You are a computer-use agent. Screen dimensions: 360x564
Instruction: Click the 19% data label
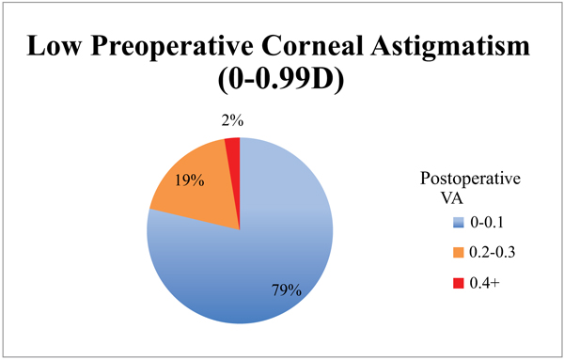189,179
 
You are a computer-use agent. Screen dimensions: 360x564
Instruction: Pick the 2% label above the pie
232,122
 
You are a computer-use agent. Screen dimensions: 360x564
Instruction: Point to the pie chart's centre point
240,230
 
